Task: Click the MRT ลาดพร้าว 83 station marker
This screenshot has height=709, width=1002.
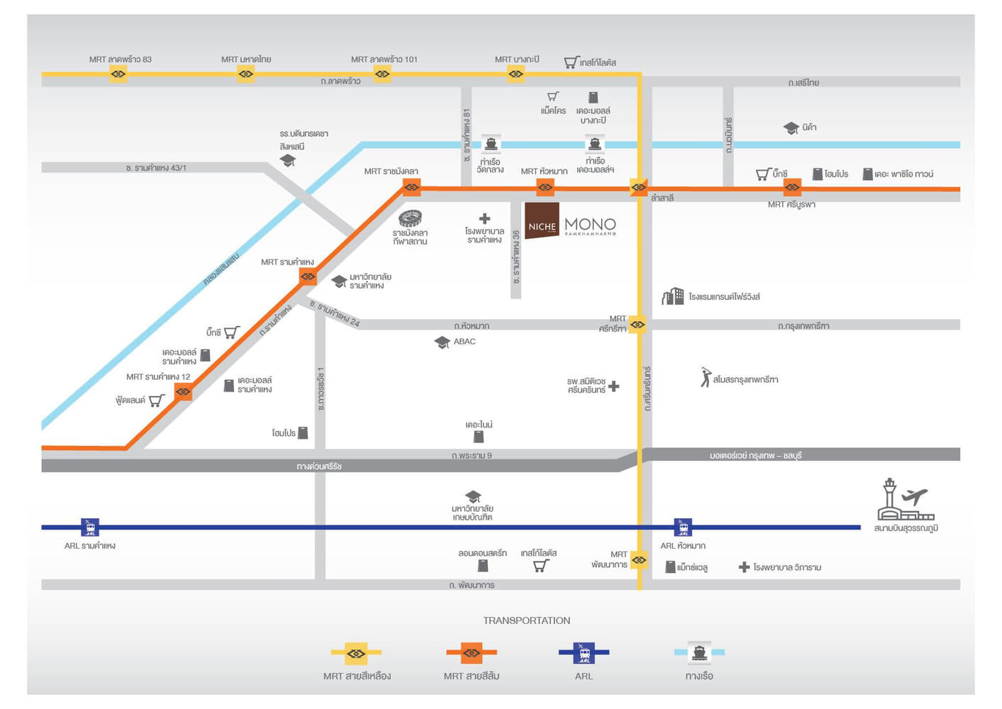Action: click(118, 74)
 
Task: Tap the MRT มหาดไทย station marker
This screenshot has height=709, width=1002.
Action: click(245, 74)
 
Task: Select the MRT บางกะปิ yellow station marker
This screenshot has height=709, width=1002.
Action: click(516, 74)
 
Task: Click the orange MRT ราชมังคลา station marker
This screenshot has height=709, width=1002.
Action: click(411, 187)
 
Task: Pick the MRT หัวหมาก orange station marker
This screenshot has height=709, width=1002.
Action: click(545, 187)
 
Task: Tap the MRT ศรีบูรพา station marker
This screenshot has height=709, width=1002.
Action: click(792, 187)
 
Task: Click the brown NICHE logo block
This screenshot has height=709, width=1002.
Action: click(542, 220)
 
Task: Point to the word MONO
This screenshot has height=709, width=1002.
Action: click(591, 224)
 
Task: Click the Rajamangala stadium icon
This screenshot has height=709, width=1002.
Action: click(410, 218)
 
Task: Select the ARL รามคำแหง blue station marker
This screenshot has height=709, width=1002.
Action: click(90, 527)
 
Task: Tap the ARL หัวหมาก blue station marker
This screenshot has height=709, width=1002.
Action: click(683, 527)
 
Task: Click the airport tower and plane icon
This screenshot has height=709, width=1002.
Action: click(906, 499)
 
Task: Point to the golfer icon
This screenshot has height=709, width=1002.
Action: click(706, 377)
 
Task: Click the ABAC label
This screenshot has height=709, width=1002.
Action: click(464, 341)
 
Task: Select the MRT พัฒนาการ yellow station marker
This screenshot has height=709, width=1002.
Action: click(639, 560)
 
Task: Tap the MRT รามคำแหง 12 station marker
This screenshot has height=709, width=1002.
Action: click(184, 392)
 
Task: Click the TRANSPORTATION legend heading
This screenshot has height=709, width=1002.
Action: click(526, 620)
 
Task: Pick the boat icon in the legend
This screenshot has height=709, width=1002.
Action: click(699, 653)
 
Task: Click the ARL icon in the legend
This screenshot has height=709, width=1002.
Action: click(584, 653)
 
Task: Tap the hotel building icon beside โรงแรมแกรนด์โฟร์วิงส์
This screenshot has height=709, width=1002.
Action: click(673, 296)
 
